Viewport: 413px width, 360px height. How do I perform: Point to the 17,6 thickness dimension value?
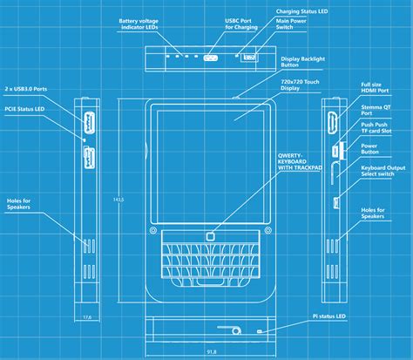pyautogui.click(x=85, y=317)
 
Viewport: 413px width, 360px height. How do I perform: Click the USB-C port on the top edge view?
pyautogui.click(x=210, y=59)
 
